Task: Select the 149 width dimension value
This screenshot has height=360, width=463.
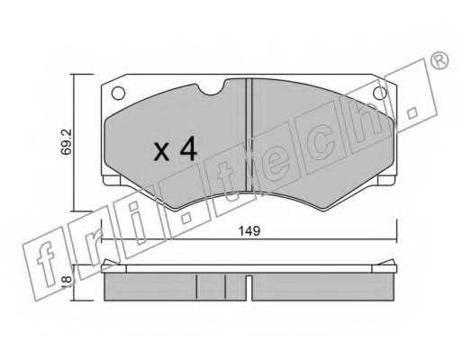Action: pyautogui.click(x=250, y=231)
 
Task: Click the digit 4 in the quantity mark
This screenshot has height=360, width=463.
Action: pyautogui.click(x=187, y=148)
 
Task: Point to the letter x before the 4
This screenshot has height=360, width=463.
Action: pyautogui.click(x=160, y=151)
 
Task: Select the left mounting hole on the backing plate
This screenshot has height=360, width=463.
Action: pyautogui.click(x=117, y=92)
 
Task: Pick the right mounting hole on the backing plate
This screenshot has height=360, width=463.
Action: pyautogui.click(x=379, y=93)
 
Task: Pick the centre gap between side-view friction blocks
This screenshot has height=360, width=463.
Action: pyautogui.click(x=248, y=286)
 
